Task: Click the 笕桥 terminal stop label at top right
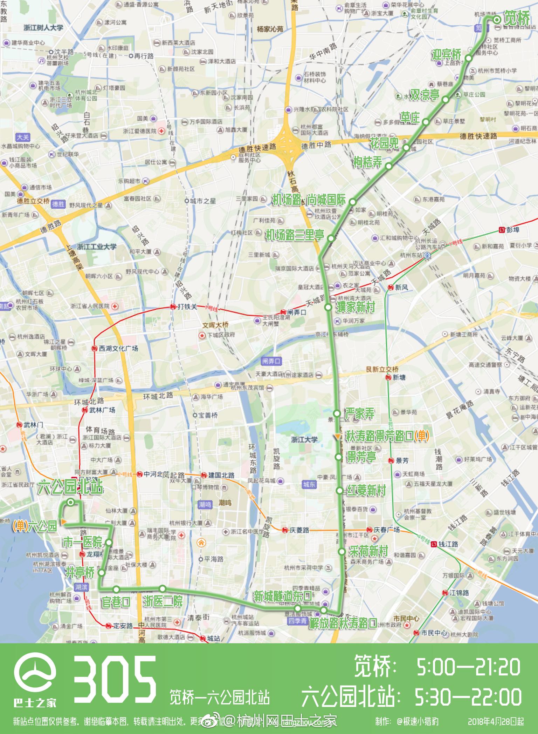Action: (517, 18)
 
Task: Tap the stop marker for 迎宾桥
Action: (468, 58)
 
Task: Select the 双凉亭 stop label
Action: (425, 95)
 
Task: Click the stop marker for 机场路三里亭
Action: (330, 238)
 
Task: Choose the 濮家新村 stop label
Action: (356, 307)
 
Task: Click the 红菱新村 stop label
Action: (366, 490)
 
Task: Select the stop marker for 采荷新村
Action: (342, 552)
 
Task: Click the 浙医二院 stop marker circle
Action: (163, 588)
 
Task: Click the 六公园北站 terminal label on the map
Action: (70, 488)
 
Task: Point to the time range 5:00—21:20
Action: (468, 667)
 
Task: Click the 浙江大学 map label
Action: (304, 439)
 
